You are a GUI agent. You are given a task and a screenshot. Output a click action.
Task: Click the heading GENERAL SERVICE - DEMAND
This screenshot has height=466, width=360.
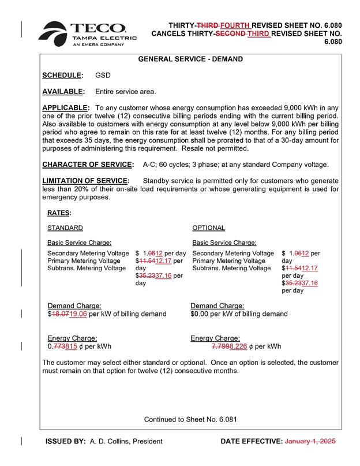190,59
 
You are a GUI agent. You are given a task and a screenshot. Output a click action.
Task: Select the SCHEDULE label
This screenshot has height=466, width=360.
62,76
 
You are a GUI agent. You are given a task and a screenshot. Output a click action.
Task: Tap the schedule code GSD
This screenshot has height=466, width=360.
103,76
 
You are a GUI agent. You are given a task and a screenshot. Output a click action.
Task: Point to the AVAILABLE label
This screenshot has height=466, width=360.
63,92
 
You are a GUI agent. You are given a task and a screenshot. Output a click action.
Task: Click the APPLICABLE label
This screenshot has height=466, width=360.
66,108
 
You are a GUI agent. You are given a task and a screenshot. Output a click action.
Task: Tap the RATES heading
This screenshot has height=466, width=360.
59,213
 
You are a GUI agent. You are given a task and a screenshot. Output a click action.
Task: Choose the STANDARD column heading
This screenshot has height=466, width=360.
65,228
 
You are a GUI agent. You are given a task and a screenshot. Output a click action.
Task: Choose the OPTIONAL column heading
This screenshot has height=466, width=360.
208,228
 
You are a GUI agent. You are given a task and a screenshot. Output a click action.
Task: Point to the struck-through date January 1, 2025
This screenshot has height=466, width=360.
310,441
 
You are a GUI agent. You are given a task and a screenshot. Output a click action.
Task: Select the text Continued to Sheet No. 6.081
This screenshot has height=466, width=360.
190,419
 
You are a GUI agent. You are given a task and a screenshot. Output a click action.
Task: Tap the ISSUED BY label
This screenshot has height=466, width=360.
66,441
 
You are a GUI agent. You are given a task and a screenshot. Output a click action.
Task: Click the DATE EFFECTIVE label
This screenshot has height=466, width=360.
251,441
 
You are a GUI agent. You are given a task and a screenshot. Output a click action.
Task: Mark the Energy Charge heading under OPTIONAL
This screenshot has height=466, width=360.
215,338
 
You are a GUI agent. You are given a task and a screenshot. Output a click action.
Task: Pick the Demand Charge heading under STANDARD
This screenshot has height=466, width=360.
74,305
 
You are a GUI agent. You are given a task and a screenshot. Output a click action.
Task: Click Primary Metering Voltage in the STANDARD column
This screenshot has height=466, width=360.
84,261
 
